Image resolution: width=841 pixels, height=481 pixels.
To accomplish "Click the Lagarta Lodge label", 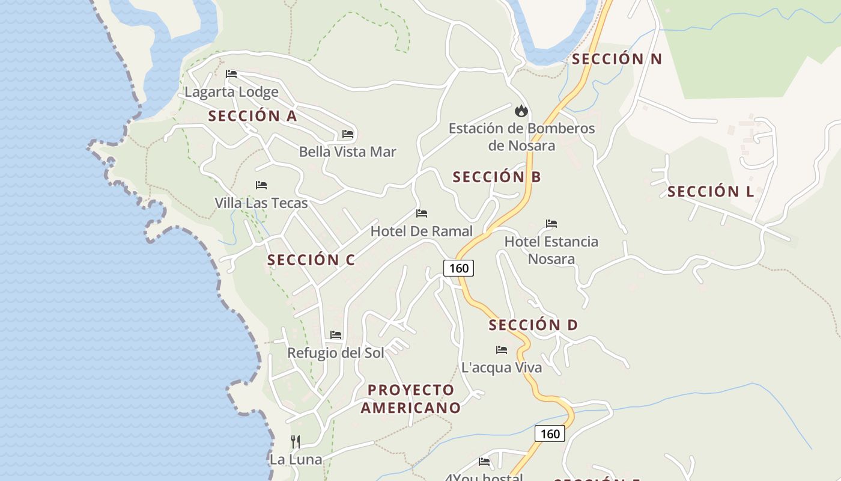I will (231, 92).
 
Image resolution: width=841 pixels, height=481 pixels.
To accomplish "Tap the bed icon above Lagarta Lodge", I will (231, 74).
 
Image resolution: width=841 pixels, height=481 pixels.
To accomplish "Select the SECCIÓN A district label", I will (252, 116).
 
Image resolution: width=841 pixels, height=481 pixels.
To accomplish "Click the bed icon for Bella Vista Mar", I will (348, 133).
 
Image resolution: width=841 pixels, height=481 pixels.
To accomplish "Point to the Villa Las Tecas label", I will (261, 203).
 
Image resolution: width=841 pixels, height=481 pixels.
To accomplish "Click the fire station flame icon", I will (521, 111).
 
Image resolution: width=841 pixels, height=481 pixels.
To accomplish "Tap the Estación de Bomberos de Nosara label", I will (521, 136).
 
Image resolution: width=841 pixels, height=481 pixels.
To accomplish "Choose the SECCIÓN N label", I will (616, 59).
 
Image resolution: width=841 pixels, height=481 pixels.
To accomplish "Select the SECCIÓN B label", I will (497, 177).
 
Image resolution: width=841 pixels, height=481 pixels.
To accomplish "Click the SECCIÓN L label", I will (711, 192).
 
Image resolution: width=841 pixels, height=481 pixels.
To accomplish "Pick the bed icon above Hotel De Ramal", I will (422, 213).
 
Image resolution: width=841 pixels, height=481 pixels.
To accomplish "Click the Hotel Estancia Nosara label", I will (551, 250).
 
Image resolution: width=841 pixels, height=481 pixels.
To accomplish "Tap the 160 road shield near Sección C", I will (458, 268).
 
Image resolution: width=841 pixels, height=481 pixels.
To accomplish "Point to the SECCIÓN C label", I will (311, 260).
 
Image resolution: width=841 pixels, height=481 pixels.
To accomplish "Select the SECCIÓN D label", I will (533, 325).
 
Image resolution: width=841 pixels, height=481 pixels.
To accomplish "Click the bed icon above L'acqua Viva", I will (502, 349).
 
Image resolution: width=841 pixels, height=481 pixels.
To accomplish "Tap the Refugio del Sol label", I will (335, 352).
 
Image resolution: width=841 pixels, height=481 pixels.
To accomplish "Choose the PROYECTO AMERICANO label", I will (411, 399).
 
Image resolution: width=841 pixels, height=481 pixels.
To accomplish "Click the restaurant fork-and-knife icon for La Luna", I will (296, 442).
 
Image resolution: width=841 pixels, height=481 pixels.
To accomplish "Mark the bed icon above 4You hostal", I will (484, 462).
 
